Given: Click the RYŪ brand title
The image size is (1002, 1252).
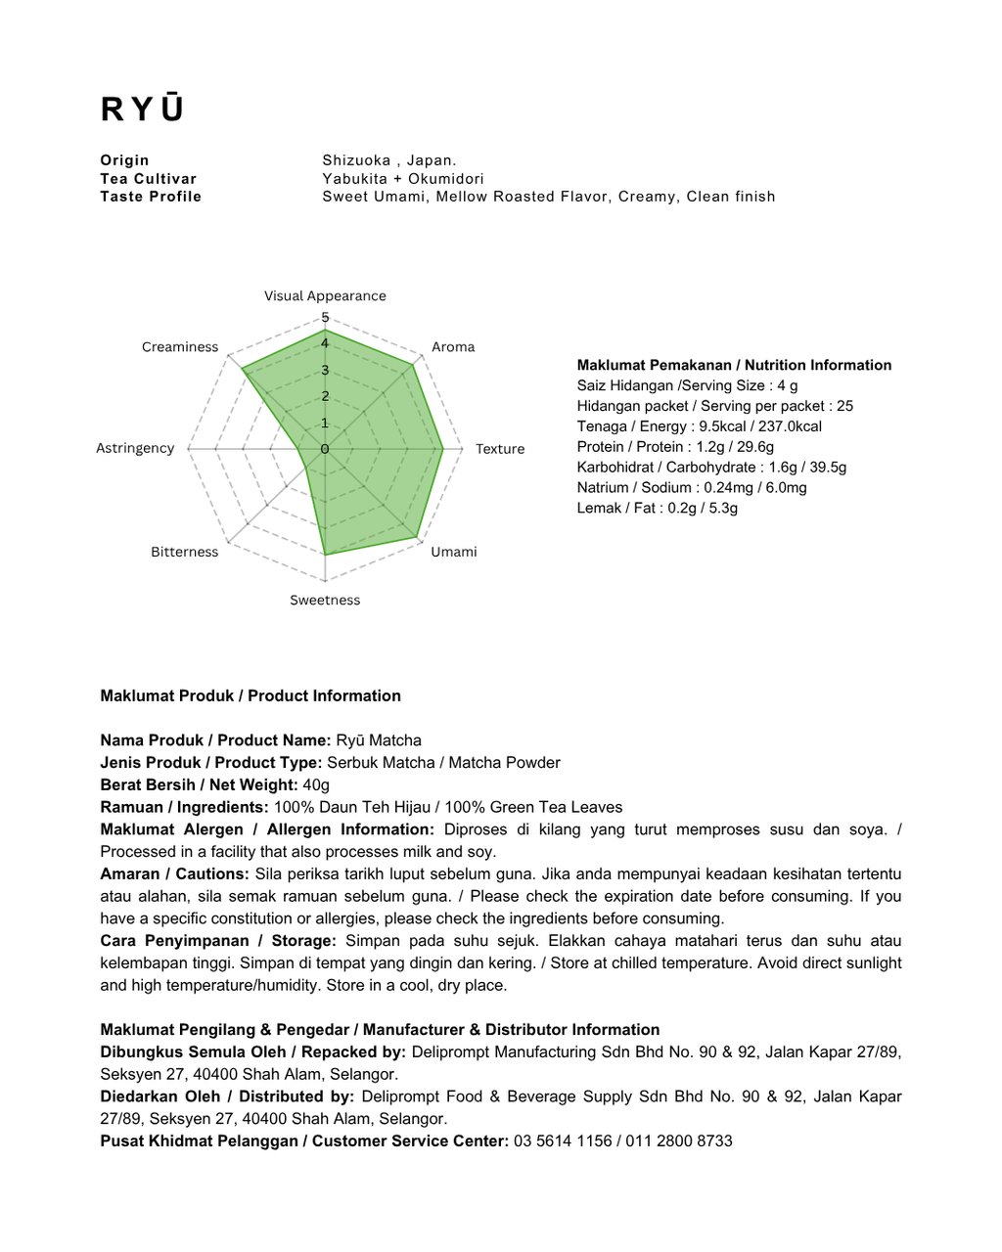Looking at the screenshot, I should click(x=142, y=109).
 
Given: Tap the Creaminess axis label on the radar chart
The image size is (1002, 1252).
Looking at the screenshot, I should click(x=180, y=347).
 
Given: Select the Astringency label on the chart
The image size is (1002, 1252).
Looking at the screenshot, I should click(x=135, y=448).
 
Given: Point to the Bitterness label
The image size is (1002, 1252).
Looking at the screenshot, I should click(x=184, y=552).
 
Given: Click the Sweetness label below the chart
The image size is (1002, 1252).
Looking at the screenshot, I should click(x=325, y=601).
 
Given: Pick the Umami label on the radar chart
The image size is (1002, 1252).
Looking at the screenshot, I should click(x=454, y=552).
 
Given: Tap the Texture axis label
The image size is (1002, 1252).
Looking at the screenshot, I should click(x=500, y=449).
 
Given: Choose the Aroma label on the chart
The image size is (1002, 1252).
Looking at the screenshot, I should click(x=453, y=347).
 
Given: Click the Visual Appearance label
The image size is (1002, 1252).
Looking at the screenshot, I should click(x=325, y=296).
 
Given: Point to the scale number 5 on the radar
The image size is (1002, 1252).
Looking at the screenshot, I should click(x=326, y=318).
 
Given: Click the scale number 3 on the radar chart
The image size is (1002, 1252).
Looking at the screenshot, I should click(x=326, y=371).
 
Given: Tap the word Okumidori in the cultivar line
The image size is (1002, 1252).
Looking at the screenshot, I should click(x=446, y=179).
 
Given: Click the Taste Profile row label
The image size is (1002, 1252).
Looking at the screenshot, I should click(x=151, y=197).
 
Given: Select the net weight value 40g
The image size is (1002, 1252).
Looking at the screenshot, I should click(x=316, y=785).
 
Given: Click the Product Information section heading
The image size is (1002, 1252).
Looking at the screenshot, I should click(x=250, y=696).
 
